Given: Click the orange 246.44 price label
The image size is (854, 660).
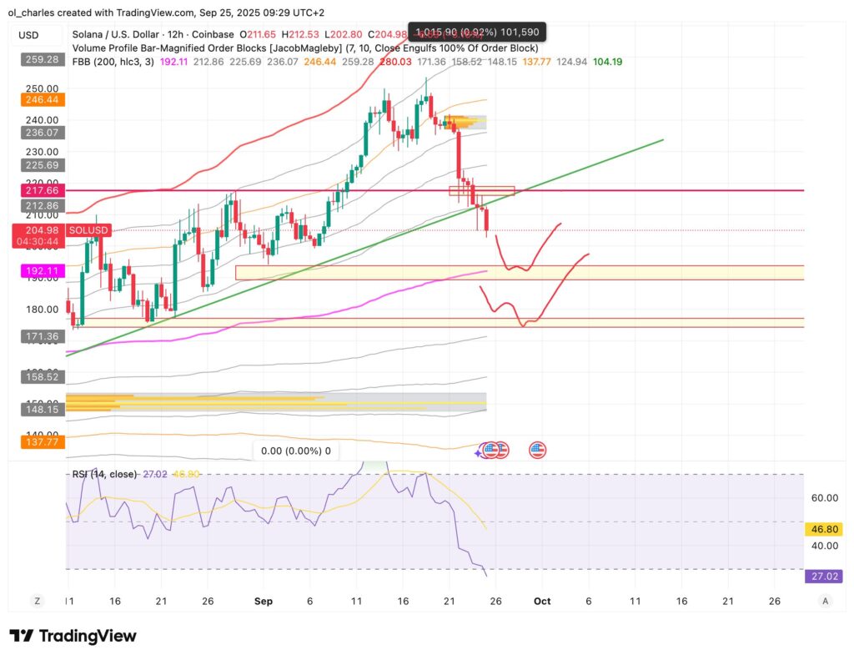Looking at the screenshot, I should pos(41,99).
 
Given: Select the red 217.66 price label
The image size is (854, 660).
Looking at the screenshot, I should pos(41,191).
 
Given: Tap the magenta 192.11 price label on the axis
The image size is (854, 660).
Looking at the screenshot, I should pos(41,271).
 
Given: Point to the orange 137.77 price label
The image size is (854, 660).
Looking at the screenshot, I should pos(41,442).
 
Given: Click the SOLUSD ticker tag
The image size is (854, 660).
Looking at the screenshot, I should pos(88,230).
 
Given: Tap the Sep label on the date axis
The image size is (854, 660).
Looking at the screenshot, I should pos(263,601).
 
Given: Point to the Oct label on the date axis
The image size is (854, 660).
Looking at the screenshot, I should pos(542,601).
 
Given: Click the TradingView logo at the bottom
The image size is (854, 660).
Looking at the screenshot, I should pos(73,637).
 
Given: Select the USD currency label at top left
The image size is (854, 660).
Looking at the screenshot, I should pos(29,35).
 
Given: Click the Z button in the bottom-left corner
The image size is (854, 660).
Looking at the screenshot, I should pos(37,601).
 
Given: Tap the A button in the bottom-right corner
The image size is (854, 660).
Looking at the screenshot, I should pos(825,601).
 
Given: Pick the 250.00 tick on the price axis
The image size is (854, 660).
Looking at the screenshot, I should pos(41,88).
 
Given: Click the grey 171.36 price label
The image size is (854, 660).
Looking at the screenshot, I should pos(41,336).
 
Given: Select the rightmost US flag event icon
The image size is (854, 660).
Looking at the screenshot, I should pos(538,451).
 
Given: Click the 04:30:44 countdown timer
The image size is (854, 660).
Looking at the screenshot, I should pos(41,242).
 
